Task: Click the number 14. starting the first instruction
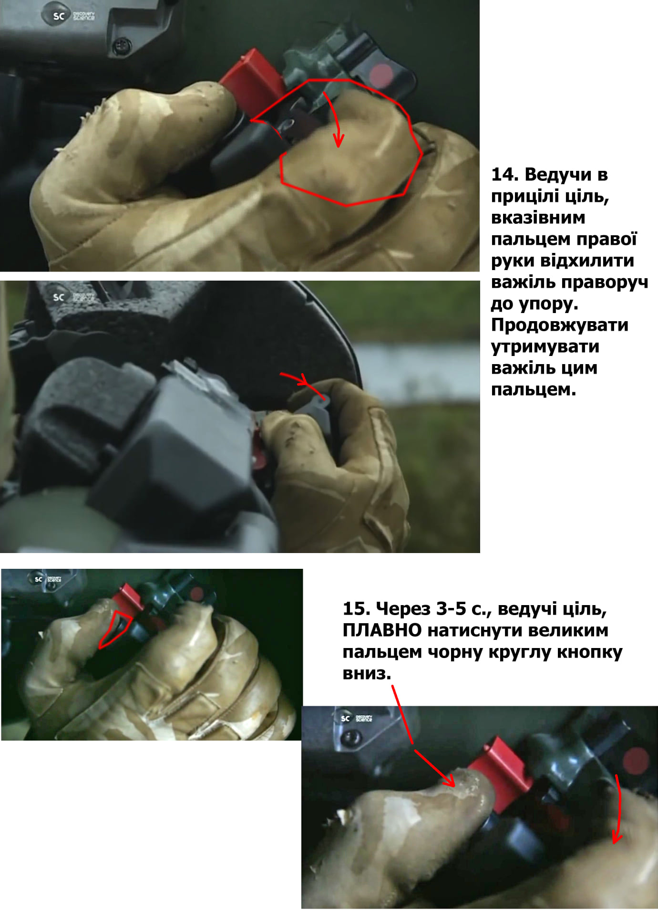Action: click(504, 175)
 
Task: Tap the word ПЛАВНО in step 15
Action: click(382, 630)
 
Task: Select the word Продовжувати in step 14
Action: click(560, 325)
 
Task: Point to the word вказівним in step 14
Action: click(538, 218)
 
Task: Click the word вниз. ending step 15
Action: click(367, 673)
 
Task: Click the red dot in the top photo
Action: click(381, 74)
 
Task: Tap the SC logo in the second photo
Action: click(59, 297)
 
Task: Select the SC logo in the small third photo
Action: click(38, 579)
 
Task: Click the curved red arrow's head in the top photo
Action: click(339, 141)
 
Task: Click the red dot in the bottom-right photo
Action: click(637, 761)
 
